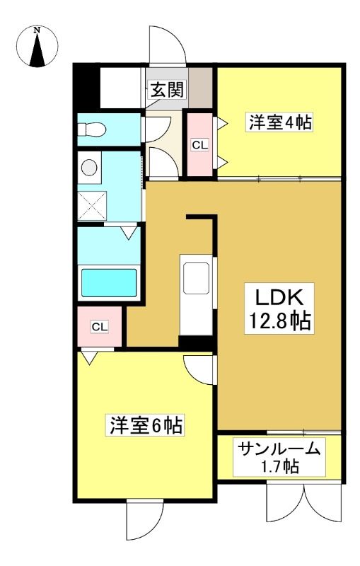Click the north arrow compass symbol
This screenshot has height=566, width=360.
tap(37, 47)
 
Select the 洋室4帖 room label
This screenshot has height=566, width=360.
tap(279, 122)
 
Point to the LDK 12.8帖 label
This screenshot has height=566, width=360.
tap(279, 308)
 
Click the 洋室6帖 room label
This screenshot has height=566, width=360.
tap(146, 425)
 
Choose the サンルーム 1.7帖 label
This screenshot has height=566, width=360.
tap(279, 457)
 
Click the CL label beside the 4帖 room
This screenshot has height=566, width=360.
tap(200, 146)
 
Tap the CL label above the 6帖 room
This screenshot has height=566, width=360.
tap(100, 327)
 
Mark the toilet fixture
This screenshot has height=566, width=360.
tap(92, 129)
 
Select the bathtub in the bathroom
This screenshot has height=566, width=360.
tap(109, 283)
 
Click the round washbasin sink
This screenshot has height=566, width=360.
tap(89, 168)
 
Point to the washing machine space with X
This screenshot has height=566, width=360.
tap(93, 206)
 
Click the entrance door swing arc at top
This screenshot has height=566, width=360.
tap(168, 45)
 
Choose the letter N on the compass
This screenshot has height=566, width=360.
tap(37, 30)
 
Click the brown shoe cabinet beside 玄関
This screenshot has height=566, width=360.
tap(200, 88)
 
